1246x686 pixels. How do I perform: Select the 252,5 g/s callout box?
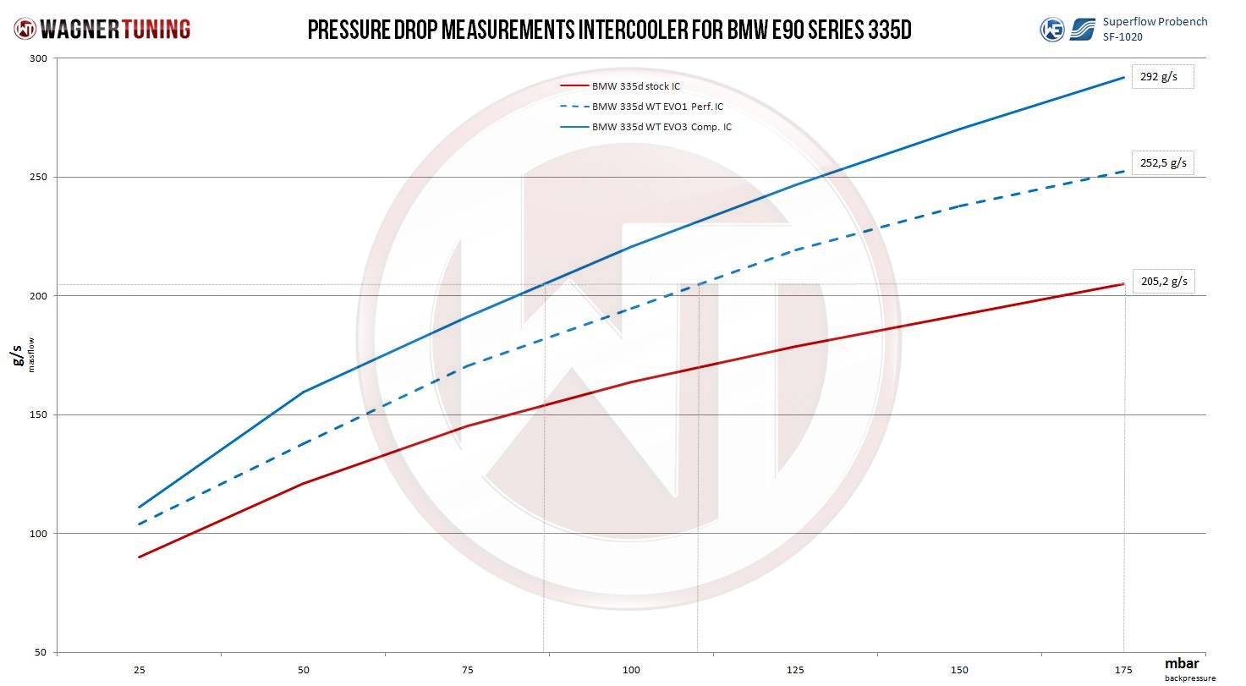(1163, 162)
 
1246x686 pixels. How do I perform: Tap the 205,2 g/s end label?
(1164, 282)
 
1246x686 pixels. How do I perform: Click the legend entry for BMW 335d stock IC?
(635, 86)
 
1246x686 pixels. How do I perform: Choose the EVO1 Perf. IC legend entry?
(657, 107)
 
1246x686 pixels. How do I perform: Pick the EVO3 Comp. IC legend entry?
(661, 127)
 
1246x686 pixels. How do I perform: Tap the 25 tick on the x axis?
(139, 670)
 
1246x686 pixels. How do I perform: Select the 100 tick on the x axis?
(631, 670)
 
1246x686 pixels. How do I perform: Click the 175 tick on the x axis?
(1123, 670)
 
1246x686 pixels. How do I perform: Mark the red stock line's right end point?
(1123, 283)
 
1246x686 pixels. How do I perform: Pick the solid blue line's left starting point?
(139, 508)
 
